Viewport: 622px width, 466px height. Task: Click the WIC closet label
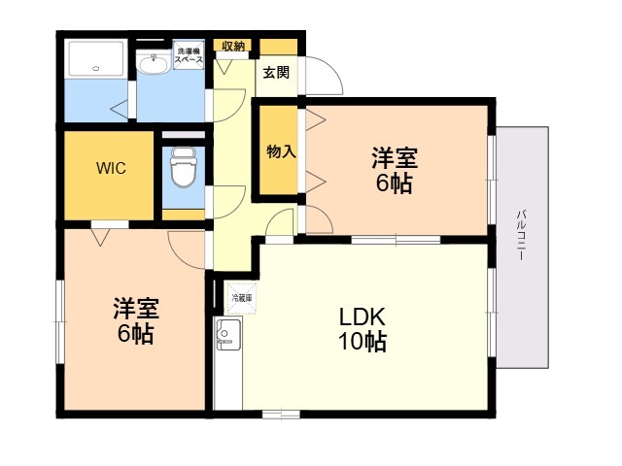coord(110,167)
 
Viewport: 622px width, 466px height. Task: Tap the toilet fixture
coord(182,172)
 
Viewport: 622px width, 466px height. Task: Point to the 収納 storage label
coord(233,46)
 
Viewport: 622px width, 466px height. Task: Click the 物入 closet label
coord(281,151)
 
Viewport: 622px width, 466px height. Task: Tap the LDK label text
coord(363,317)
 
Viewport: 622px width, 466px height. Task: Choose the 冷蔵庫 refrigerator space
coord(240,298)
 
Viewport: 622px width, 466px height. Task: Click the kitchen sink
coord(226,336)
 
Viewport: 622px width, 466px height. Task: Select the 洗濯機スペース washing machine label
coord(189,56)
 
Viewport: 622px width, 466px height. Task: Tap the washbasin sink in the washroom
coord(154,64)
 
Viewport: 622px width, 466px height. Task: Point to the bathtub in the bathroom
coord(95,60)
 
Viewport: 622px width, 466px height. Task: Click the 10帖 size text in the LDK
coord(363,342)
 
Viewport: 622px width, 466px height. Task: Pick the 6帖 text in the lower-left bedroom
coord(134,334)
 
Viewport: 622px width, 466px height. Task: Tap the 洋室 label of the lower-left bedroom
coord(134,310)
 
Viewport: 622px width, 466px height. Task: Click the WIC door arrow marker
coord(99,233)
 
